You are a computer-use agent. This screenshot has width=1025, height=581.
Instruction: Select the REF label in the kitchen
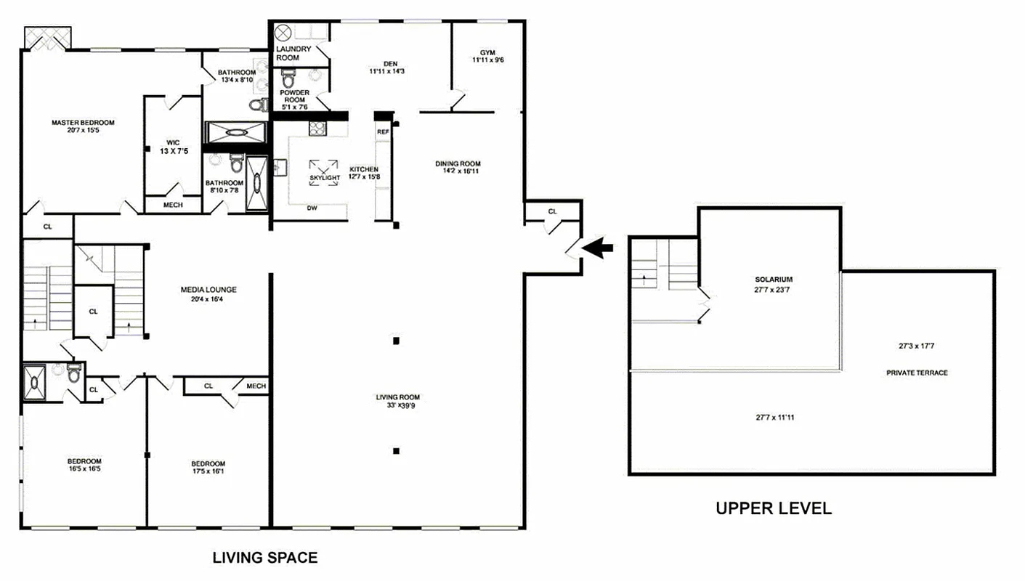383,132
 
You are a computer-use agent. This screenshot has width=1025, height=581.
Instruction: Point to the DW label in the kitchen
312,208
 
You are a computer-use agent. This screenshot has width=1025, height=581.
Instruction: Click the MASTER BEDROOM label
83,123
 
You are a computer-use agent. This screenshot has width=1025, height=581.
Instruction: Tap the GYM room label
487,52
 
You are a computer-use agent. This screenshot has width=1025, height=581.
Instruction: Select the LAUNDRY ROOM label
293,53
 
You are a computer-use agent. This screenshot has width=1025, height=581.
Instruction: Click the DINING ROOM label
458,163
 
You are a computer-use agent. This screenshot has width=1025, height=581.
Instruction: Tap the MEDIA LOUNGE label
208,290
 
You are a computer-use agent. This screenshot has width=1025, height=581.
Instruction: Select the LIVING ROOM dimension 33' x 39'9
397,407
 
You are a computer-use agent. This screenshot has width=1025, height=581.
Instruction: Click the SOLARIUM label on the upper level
773,279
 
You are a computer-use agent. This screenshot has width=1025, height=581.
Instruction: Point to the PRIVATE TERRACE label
917,373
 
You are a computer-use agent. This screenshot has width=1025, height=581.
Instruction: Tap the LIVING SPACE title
264,558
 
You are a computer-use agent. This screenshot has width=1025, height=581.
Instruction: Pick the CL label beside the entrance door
552,211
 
